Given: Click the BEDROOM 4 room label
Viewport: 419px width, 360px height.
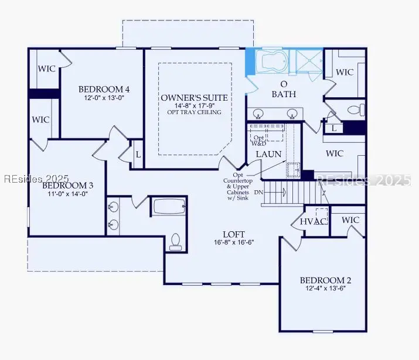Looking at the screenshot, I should [104, 89].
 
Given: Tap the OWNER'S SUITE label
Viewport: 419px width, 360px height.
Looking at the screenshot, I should [194, 97].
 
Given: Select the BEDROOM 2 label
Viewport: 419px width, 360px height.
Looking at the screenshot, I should [326, 280].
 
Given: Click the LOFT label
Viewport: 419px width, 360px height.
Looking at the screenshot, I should [233, 233].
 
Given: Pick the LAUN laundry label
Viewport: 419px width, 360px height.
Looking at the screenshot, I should [269, 155].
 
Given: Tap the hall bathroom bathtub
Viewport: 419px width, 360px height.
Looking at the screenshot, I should [169, 207].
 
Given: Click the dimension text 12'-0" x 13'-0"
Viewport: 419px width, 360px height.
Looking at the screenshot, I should [104, 98].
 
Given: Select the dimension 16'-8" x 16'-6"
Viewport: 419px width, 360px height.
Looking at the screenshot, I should [233, 242].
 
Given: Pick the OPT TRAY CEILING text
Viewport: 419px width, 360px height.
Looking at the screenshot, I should [195, 112].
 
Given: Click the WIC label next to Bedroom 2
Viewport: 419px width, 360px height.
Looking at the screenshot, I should [350, 220].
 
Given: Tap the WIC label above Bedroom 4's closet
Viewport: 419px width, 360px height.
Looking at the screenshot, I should [47, 69].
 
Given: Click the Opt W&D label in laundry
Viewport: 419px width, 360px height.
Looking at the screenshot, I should [258, 140].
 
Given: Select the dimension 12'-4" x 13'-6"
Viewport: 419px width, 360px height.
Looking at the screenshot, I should [326, 289].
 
